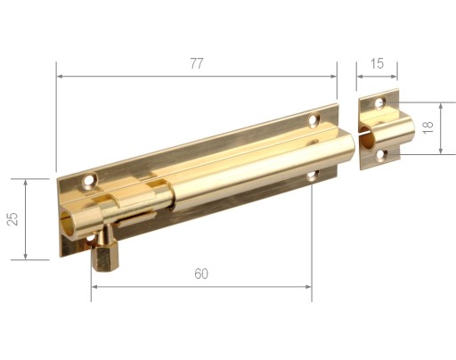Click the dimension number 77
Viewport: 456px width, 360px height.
(197, 63)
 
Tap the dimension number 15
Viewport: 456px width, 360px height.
(377, 63)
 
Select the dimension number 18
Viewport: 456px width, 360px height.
(428, 127)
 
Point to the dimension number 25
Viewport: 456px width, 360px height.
(12, 219)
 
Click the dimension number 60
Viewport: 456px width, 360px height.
(201, 274)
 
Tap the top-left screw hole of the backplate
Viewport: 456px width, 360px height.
(89, 180)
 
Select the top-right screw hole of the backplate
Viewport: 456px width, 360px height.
(313, 119)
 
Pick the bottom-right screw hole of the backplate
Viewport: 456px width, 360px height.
(313, 175)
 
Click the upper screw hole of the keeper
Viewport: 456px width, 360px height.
(380, 102)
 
